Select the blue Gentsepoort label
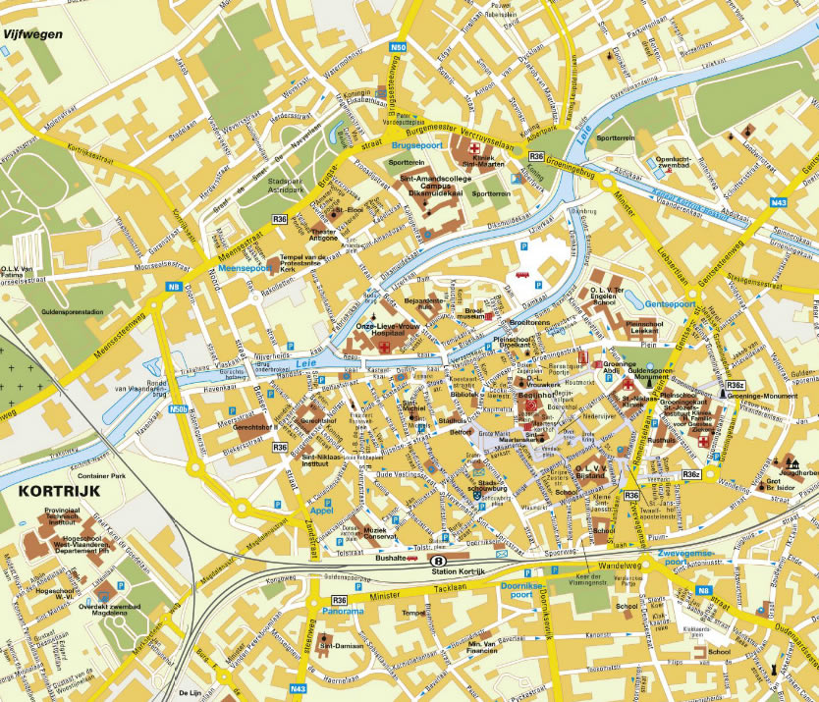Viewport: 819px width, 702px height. [670, 304]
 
